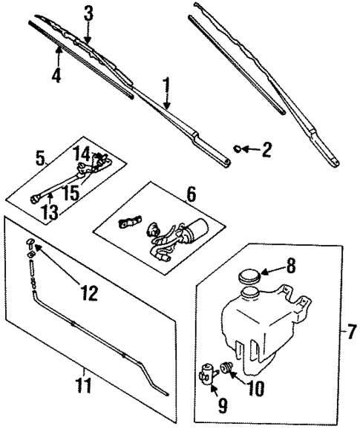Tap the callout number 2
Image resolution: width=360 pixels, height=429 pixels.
tap(266, 151)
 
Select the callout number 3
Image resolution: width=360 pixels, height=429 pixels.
tap(88, 13)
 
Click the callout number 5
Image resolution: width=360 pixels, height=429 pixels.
tap(41, 157)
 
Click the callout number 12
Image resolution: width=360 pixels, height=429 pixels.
tap(88, 294)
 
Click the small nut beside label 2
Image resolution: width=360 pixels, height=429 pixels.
tap(238, 148)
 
